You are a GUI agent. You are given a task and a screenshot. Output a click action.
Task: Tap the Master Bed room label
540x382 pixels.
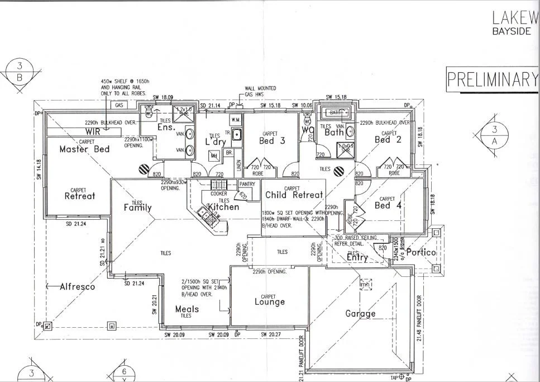click(x=84, y=149)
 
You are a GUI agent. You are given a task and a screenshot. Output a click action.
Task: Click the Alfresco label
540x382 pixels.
click(x=78, y=286)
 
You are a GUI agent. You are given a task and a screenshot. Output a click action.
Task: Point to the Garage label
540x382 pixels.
click(x=360, y=314)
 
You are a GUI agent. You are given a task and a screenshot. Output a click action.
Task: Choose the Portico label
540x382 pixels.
click(x=420, y=252)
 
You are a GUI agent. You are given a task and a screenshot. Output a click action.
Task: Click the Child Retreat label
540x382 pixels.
click(x=294, y=195)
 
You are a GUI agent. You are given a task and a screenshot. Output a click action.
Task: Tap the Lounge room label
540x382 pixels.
click(x=270, y=302)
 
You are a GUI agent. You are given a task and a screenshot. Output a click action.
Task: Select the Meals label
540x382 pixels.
click(x=187, y=309)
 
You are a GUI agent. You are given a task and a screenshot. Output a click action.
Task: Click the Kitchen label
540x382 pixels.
click(x=223, y=207)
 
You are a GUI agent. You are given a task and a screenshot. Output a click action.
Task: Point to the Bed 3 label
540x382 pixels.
click(x=272, y=141)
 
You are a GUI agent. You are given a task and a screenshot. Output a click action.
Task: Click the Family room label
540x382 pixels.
click(x=137, y=208)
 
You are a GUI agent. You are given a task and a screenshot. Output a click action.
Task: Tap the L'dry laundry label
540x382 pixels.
click(x=215, y=142)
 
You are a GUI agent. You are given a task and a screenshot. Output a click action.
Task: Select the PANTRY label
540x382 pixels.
click(x=246, y=183)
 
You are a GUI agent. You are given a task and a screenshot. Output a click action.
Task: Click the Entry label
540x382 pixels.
click(x=357, y=258)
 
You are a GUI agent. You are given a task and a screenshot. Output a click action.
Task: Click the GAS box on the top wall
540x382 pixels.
click(x=118, y=105)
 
